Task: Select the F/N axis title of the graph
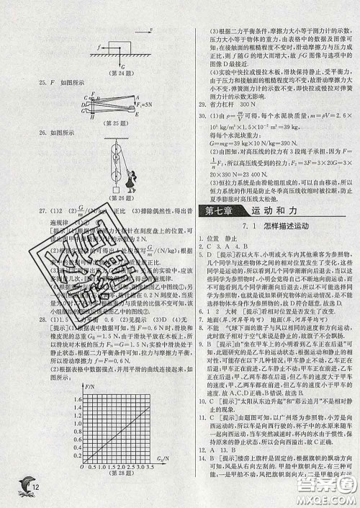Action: [x=90, y=386]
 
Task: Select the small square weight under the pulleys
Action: [x=116, y=190]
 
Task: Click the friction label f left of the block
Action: [x=98, y=46]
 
